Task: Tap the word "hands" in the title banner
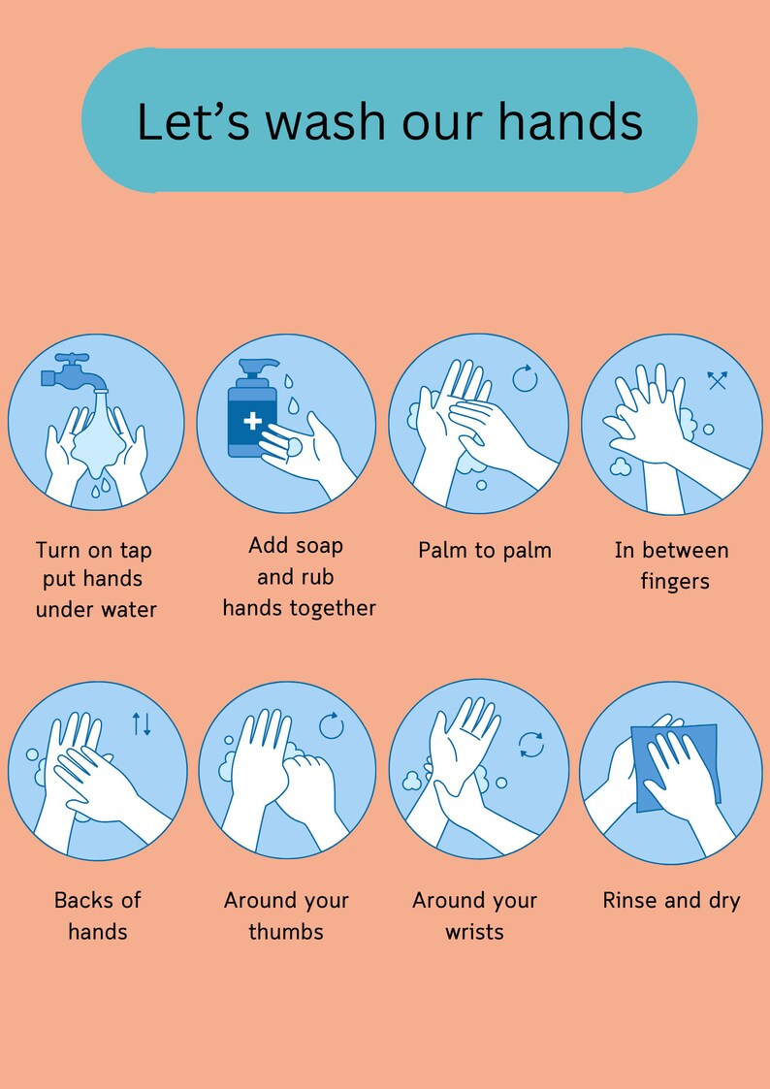click(x=570, y=122)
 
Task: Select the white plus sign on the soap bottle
click(x=252, y=421)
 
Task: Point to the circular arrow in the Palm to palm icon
click(x=525, y=378)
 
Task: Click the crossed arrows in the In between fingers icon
click(x=717, y=380)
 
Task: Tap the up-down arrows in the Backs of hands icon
click(x=142, y=723)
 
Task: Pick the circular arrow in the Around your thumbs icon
click(x=332, y=725)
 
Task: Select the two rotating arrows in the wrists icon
click(x=530, y=745)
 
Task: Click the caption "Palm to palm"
click(x=484, y=551)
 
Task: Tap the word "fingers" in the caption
click(x=675, y=582)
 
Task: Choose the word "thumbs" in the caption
click(x=286, y=932)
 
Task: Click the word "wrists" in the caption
click(x=474, y=932)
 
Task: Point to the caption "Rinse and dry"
click(x=671, y=901)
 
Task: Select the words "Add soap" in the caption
click(x=296, y=546)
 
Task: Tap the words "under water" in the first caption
click(x=96, y=610)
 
